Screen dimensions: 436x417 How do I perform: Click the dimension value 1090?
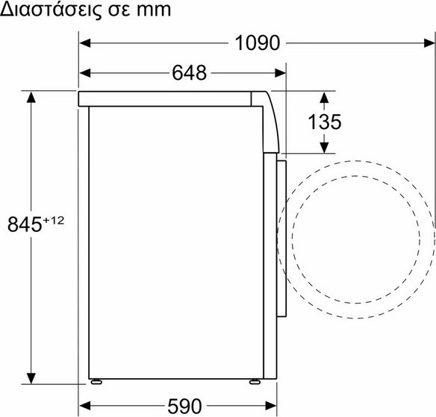(258, 43)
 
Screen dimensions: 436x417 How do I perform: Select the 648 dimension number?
(189, 73)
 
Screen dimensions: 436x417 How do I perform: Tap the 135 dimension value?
(325, 122)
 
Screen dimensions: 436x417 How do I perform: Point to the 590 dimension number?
(184, 406)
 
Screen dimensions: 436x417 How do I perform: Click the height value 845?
(25, 225)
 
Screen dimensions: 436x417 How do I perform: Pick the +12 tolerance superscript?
(54, 221)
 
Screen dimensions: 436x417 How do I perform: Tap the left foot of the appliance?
(96, 382)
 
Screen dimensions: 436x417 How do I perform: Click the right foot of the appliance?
(255, 382)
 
